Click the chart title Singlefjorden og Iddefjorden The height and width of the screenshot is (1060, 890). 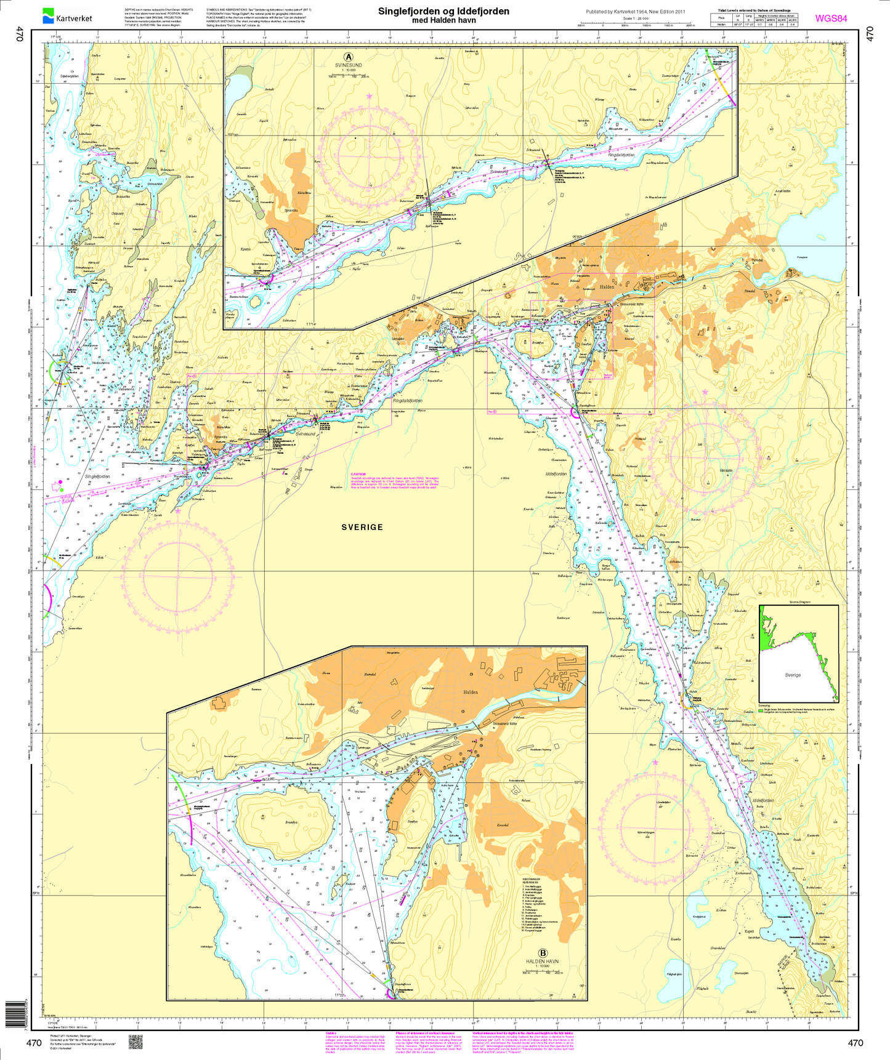pyautogui.click(x=443, y=11)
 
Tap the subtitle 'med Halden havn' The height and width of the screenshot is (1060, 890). pyautogui.click(x=443, y=20)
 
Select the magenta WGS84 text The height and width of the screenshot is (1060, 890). pyautogui.click(x=831, y=18)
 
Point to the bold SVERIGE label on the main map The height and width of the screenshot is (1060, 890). pyautogui.click(x=362, y=527)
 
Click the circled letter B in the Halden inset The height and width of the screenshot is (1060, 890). pyautogui.click(x=543, y=952)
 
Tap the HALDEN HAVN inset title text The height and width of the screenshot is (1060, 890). pyautogui.click(x=543, y=961)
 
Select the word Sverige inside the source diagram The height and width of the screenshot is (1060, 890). pyautogui.click(x=793, y=675)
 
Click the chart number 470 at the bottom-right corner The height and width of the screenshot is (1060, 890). pyautogui.click(x=856, y=1043)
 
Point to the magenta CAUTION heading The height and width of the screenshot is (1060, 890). pyautogui.click(x=358, y=474)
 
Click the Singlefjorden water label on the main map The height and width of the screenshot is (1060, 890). pyautogui.click(x=97, y=476)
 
